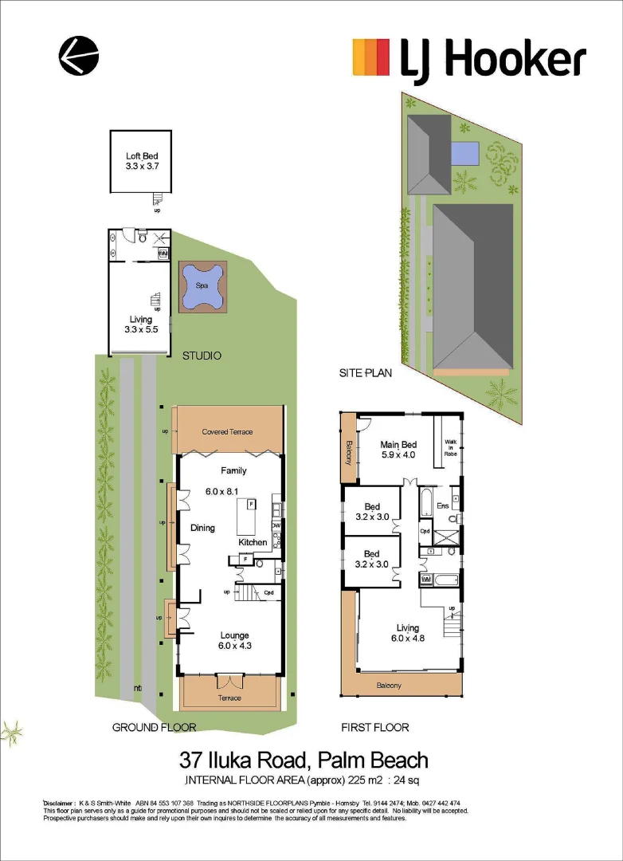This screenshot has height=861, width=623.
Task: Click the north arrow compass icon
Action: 79,57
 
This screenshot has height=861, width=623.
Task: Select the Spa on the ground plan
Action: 202,287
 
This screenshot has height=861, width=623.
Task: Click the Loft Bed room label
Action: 142,162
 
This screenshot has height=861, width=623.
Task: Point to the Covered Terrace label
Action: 227,432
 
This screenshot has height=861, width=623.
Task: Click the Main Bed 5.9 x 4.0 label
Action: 398,450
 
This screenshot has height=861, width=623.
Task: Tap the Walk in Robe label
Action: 450,447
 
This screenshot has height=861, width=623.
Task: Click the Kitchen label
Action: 253,542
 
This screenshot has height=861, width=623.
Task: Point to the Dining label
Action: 202,528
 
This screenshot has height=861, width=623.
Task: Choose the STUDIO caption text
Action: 202,356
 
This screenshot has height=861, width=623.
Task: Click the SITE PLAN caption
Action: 366,372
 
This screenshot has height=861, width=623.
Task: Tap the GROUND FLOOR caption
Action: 154,727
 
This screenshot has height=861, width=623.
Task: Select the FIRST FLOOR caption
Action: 374,727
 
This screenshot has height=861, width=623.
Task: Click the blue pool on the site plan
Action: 464,151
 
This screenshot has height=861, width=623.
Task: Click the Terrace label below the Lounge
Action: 229,698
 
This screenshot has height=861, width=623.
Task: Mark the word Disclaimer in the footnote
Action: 58,803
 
